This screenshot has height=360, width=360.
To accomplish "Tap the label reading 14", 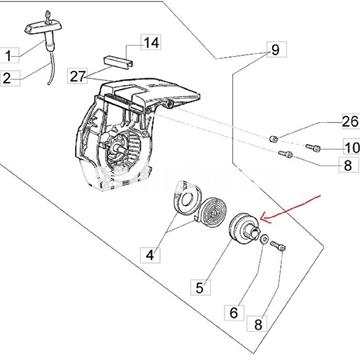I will tap(150, 43).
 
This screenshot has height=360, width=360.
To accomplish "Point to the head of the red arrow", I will tap(257, 217).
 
